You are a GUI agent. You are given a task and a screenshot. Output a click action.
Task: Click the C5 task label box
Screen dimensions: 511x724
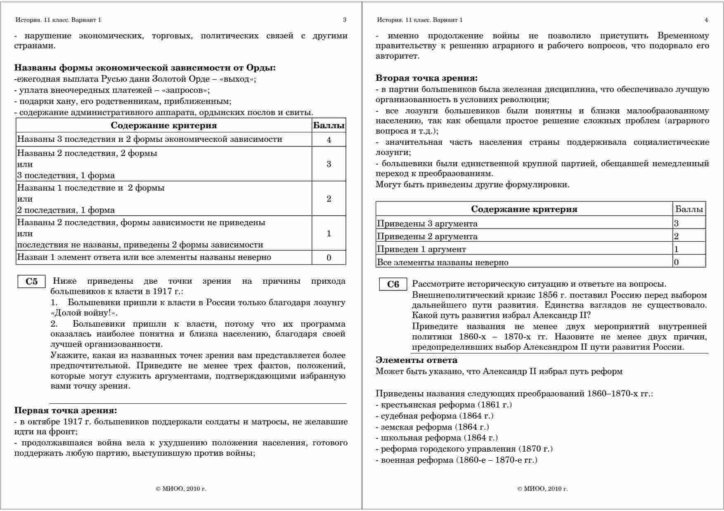click(31, 282)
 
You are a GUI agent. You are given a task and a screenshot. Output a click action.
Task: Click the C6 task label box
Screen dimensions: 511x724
click(393, 285)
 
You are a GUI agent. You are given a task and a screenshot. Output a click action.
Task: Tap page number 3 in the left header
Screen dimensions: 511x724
click(345, 20)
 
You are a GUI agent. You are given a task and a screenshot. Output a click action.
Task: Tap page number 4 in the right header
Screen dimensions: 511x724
click(706, 20)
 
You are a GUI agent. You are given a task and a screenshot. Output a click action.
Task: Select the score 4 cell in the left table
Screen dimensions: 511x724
click(329, 140)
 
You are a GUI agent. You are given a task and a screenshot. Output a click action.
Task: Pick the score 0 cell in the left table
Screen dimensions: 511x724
click(329, 258)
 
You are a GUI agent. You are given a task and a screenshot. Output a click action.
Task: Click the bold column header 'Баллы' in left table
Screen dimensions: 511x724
click(329, 125)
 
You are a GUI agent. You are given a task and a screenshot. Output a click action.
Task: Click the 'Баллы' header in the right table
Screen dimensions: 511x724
click(689, 209)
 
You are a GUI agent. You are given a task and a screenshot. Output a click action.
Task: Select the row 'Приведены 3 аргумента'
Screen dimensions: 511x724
click(427, 224)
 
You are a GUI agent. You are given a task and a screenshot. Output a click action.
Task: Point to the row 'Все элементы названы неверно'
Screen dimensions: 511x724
click(442, 262)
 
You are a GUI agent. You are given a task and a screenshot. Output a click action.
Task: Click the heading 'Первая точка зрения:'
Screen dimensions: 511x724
click(66, 410)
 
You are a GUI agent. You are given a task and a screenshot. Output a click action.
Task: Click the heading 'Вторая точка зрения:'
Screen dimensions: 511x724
click(426, 78)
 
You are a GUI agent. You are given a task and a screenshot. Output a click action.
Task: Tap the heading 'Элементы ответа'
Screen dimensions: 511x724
click(416, 360)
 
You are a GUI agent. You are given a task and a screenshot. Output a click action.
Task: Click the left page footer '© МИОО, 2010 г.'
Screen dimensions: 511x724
click(181, 489)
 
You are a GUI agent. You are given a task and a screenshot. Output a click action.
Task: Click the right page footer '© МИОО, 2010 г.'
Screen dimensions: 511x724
click(542, 489)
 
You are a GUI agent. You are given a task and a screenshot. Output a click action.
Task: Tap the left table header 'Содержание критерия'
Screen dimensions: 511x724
click(163, 125)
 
